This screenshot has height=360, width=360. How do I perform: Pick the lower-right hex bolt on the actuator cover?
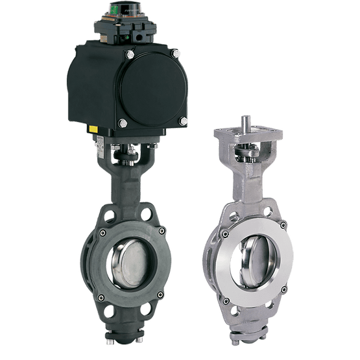coord(184,121)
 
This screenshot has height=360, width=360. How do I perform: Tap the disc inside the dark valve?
coord(128,259)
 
